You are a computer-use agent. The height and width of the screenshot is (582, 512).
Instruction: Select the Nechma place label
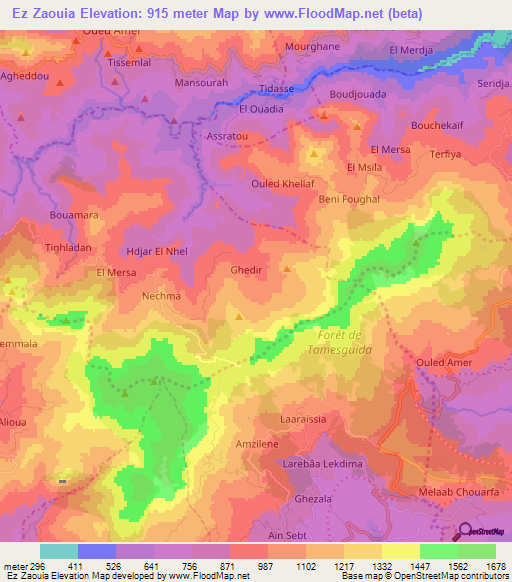(x=162, y=296)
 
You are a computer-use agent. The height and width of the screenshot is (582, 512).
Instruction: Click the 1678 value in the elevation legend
(x=495, y=565)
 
